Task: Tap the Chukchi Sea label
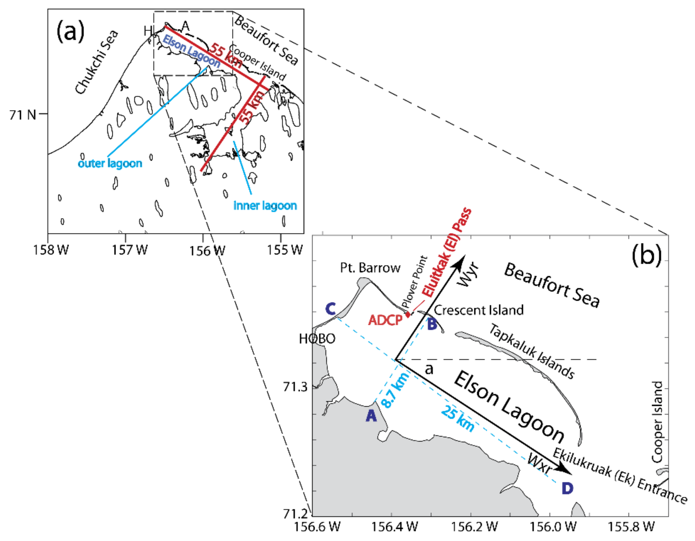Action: (x=97, y=62)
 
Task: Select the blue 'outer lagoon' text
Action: (x=110, y=163)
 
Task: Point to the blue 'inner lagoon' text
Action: (x=265, y=206)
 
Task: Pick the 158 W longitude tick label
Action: (x=51, y=250)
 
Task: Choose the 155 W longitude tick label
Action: (x=284, y=250)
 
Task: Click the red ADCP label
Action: (x=385, y=320)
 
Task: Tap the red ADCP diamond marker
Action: (x=408, y=315)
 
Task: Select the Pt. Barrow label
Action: (x=370, y=268)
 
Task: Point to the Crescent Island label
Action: (x=479, y=310)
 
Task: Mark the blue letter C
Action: (x=330, y=309)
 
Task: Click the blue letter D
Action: (x=567, y=488)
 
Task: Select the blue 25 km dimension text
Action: (x=457, y=418)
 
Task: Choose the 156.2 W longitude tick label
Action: (x=474, y=527)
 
